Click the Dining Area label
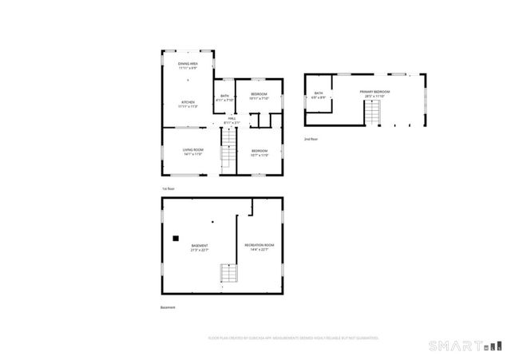pos(188,65)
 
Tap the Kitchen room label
pos(188,104)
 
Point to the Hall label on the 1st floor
pos(232,121)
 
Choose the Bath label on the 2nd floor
pos(319,96)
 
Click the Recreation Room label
pos(259,246)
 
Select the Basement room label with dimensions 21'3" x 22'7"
pos(200,247)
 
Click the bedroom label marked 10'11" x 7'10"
pos(259,97)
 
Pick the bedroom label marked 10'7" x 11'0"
pos(260,152)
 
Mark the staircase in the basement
pos(228,277)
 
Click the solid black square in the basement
pos(176,236)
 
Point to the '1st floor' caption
pos(168,188)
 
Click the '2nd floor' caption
pos(311,139)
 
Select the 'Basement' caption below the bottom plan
pos(167,307)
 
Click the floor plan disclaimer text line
pos(292,338)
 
